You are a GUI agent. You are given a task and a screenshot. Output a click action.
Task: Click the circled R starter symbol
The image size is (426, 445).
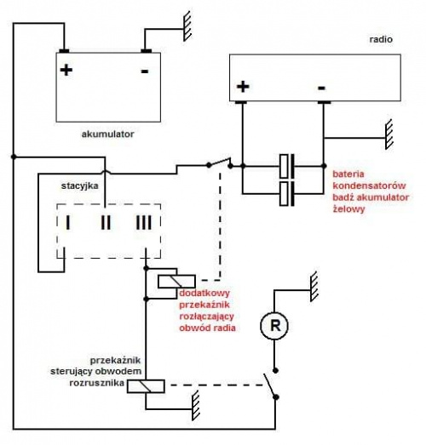pyautogui.click(x=274, y=326)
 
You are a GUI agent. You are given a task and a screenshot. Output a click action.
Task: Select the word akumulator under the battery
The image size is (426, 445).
pyautogui.click(x=107, y=134)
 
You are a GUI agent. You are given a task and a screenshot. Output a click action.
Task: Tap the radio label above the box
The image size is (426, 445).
pyautogui.click(x=381, y=39)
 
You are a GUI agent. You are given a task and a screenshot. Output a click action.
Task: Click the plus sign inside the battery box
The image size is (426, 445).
pyautogui.click(x=66, y=70)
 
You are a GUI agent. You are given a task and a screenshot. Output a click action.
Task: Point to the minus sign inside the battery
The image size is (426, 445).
pyautogui.click(x=145, y=71)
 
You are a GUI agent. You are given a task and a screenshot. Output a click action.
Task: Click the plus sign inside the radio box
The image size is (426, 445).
pyautogui.click(x=243, y=87)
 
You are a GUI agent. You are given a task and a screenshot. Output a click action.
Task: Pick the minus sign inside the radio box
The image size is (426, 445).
pyautogui.click(x=321, y=88)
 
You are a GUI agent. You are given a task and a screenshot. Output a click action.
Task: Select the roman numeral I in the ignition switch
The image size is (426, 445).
pyautogui.click(x=67, y=222)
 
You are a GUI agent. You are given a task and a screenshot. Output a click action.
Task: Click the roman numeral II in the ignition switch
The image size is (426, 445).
pyautogui.click(x=106, y=222)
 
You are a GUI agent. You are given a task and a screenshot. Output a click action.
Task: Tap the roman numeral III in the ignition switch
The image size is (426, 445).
pyautogui.click(x=144, y=222)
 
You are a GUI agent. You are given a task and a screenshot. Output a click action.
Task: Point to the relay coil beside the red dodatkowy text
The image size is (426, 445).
pyautogui.click(x=176, y=282)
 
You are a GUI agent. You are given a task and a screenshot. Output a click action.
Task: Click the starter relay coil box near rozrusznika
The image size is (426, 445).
pyautogui.click(x=146, y=386)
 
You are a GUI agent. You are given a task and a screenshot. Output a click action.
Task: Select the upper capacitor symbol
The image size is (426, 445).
pyautogui.click(x=287, y=166)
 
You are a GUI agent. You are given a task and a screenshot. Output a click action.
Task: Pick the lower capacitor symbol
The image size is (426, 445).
pyautogui.click(x=287, y=194)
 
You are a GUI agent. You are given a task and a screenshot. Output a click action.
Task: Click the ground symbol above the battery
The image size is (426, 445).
pyautogui.click(x=187, y=26)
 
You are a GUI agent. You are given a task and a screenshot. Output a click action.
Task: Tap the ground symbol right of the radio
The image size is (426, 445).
pyautogui.click(x=389, y=134)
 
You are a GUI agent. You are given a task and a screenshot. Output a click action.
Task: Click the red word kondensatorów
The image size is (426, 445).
pyautogui.click(x=369, y=185)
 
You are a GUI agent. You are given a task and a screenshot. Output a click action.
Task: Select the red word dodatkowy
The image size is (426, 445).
pyautogui.click(x=204, y=293)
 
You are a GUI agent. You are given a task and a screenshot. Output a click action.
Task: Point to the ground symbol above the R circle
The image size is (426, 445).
pyautogui.click(x=314, y=287)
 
